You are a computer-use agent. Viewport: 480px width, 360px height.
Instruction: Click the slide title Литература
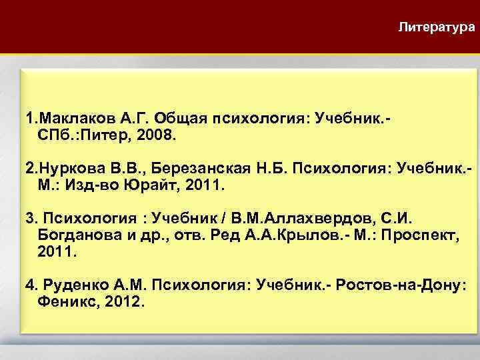(x=436, y=27)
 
